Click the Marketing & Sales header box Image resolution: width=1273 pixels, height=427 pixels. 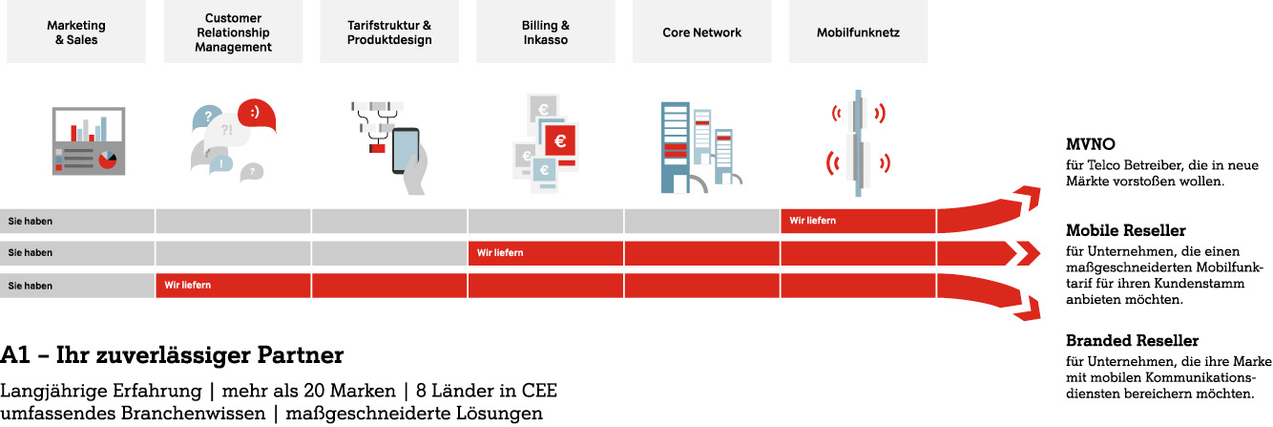click(76, 32)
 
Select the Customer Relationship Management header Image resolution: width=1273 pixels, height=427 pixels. click(233, 32)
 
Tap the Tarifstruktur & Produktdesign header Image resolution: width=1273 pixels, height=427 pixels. click(389, 32)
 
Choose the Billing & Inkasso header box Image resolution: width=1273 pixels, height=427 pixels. click(546, 32)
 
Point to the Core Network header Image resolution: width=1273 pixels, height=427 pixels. click(701, 32)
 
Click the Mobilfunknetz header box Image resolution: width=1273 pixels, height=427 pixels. click(858, 32)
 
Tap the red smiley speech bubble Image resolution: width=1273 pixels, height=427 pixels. click(257, 115)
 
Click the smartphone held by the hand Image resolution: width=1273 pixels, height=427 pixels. click(406, 151)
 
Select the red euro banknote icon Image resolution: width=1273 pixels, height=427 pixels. click(560, 141)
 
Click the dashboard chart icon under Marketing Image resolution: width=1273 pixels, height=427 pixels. click(89, 141)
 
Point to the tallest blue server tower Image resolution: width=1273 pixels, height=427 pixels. click(675, 148)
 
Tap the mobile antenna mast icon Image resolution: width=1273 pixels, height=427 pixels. click(858, 143)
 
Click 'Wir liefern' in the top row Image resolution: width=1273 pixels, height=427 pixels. click(813, 221)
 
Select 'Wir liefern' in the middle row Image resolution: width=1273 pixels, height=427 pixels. click(500, 253)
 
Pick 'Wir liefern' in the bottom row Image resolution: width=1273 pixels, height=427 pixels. click(188, 285)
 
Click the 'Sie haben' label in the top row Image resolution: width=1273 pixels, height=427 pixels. click(31, 222)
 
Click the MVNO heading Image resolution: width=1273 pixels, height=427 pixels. click(1091, 144)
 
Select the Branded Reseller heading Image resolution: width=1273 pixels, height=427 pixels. click(1132, 341)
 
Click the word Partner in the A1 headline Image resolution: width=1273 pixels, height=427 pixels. click(300, 355)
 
